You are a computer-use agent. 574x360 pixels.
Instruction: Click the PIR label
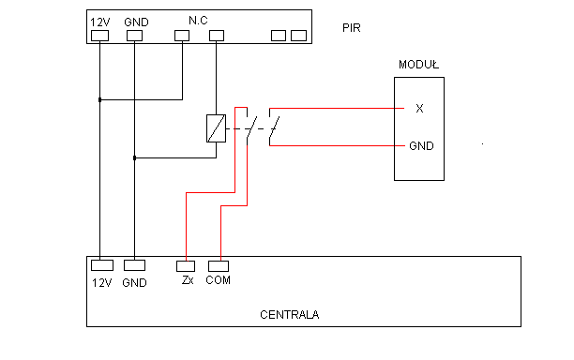click(352, 28)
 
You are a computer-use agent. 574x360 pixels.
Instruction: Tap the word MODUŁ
click(419, 65)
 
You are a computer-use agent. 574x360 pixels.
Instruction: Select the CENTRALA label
click(289, 315)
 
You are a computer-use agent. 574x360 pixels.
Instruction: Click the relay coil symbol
click(216, 128)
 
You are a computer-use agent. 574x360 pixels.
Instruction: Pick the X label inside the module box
click(419, 109)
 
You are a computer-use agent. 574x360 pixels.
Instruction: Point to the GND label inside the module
click(421, 146)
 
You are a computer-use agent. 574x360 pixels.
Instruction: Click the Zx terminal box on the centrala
click(186, 266)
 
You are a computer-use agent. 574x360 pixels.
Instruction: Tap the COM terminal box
click(219, 266)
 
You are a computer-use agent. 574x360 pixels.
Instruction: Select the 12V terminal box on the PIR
click(99, 36)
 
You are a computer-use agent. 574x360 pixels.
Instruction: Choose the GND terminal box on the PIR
click(134, 36)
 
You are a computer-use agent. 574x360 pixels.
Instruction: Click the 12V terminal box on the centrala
click(102, 265)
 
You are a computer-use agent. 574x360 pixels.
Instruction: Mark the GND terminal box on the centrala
click(134, 265)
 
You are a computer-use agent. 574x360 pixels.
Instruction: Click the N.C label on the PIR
click(198, 21)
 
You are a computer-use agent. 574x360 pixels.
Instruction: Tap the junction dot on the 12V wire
click(99, 99)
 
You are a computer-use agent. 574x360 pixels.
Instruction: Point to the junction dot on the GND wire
click(134, 158)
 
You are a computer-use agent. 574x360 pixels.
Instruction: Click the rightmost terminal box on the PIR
click(298, 36)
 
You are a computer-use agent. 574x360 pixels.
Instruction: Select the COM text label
click(219, 280)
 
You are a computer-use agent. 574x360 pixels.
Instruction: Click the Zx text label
click(188, 280)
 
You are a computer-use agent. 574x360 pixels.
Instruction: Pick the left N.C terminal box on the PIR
click(182, 36)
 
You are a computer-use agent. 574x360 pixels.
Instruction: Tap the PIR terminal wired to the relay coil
click(217, 36)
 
